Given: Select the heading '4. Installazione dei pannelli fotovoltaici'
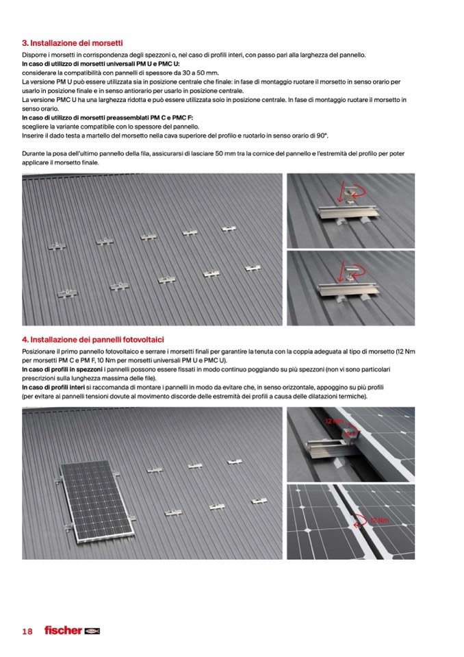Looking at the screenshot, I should coord(92,339).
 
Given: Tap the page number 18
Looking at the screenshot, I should coord(27,631).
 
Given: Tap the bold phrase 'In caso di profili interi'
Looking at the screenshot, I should coord(54,388).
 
